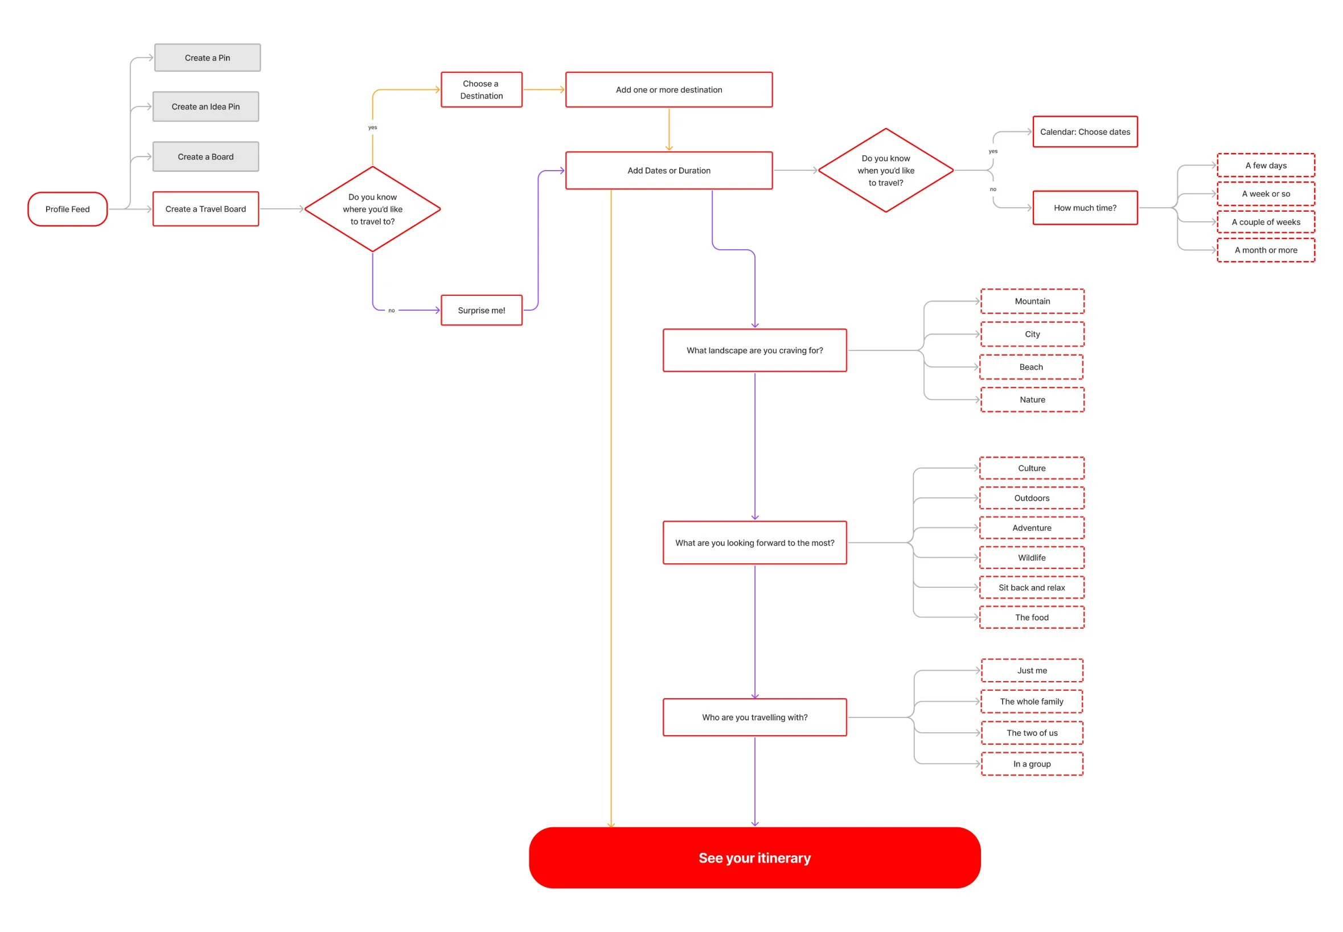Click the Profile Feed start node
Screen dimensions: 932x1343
pos(67,209)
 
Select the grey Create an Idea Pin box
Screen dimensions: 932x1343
pos(205,106)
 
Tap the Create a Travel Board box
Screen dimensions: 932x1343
pos(205,209)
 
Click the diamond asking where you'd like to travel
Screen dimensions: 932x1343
pos(372,209)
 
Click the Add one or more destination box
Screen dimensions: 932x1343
pos(668,89)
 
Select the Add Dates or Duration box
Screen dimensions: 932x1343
pos(668,171)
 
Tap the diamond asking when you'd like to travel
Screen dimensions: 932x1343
pos(885,171)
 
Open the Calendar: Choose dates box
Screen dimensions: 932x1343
pos(1084,132)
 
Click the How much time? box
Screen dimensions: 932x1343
pos(1084,208)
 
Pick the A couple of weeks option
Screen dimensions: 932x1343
pos(1265,222)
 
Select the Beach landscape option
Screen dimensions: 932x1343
pos(1030,367)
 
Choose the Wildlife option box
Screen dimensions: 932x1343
pos(1031,558)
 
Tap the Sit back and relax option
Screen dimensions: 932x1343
pos(1031,587)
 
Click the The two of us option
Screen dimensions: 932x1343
pos(1031,733)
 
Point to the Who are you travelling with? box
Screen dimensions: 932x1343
pos(754,717)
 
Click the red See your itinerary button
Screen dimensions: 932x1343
pos(754,857)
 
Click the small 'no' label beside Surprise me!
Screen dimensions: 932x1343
pos(391,311)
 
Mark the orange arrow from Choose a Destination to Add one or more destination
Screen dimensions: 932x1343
pos(543,90)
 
